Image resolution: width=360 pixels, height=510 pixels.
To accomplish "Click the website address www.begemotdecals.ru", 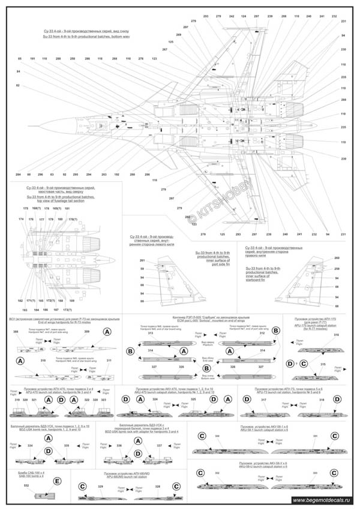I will click(324, 500).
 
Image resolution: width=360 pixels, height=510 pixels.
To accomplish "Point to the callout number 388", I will click(16, 331).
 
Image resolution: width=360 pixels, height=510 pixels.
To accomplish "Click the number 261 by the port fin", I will click(142, 260).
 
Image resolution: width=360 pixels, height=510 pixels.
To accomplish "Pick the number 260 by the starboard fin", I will click(336, 257).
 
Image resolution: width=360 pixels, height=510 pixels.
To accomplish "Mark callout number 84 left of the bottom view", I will click(19, 71).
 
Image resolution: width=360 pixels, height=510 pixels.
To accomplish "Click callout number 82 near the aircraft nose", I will click(19, 86).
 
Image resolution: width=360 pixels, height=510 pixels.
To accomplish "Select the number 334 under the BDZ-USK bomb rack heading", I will click(30, 446).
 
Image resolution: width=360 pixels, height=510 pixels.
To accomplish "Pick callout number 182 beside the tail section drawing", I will click(20, 299).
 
